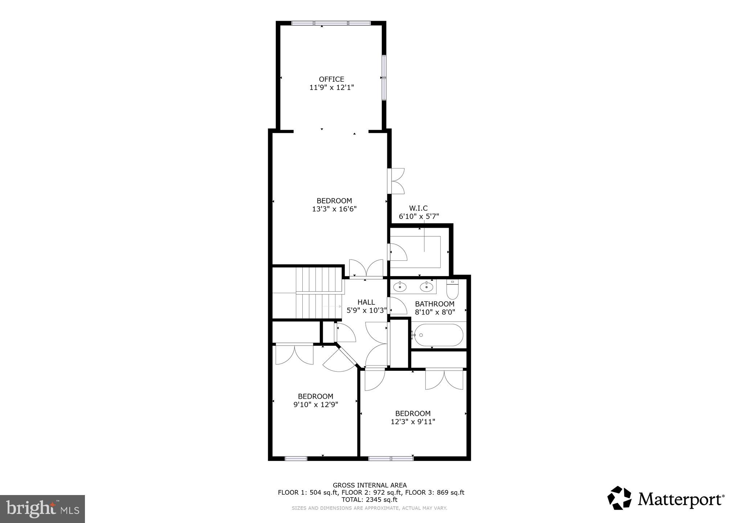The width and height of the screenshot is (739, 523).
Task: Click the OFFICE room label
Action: (331, 79)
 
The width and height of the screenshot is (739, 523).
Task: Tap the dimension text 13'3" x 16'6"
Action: (334, 209)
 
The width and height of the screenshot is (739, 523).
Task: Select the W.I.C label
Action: (419, 208)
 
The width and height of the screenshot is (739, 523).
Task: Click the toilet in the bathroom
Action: (452, 289)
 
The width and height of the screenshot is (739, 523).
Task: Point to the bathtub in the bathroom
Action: (438, 335)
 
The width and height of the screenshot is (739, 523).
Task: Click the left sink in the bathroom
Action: (400, 287)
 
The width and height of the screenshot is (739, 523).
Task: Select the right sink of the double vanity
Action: (426, 287)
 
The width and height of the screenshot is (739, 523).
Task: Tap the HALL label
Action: (366, 302)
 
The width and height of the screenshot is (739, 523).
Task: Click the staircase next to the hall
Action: (319, 293)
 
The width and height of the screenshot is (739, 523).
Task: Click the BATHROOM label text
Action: (434, 304)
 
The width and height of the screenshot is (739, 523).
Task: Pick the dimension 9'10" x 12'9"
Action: (316, 405)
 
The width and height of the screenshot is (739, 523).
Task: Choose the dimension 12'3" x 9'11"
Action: (413, 422)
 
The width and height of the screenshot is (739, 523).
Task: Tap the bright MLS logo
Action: (42, 509)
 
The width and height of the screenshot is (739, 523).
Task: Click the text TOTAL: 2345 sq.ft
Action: (369, 500)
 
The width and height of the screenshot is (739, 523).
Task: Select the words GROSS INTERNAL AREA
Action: (369, 485)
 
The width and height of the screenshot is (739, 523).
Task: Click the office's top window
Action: (331, 23)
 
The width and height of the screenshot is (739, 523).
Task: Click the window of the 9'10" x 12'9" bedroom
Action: (296, 459)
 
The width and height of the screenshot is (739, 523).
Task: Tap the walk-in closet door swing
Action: (398, 252)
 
